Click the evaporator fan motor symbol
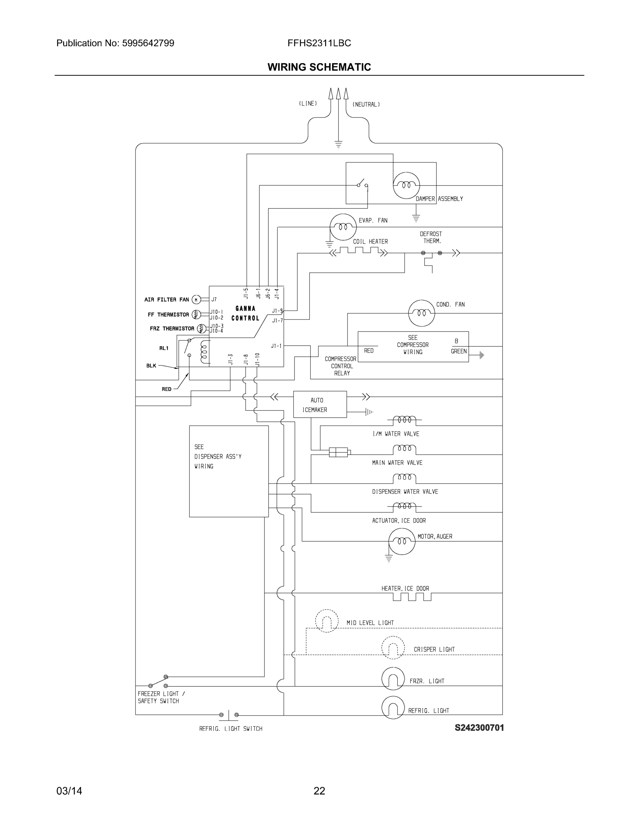point(343,227)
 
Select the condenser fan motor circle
point(421,313)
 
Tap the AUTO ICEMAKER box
point(320,405)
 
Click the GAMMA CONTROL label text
point(245,313)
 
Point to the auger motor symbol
point(402,541)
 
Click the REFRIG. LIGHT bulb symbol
point(393,707)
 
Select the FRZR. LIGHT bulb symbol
point(393,678)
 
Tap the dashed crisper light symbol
point(393,647)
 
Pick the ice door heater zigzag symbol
point(412,597)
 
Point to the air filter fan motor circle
point(196,300)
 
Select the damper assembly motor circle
point(406,185)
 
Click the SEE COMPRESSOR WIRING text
point(413,345)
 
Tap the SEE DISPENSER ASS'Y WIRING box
point(229,471)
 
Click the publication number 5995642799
point(148,43)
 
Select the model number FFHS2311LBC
point(319,43)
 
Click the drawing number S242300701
point(479,728)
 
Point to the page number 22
point(319,791)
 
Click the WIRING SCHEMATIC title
point(319,67)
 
